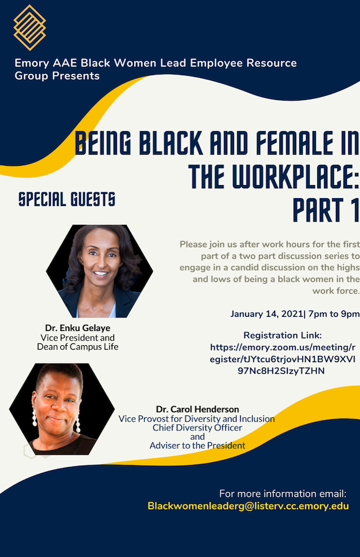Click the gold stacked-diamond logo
tap(29, 27)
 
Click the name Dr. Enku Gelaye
tap(78, 327)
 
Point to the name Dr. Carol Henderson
tap(197, 409)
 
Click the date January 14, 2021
tap(267, 314)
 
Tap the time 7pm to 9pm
tap(334, 314)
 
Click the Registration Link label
tap(282, 335)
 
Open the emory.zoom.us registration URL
tap(282, 359)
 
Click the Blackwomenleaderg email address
tap(248, 506)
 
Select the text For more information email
tap(282, 494)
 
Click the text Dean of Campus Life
tap(78, 346)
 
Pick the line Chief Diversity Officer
tap(197, 428)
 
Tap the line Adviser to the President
tap(197, 445)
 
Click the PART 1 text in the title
tap(326, 210)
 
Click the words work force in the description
tap(336, 291)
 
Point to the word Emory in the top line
tap(32, 63)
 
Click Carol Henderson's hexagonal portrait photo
tap(62, 409)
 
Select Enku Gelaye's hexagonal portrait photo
tap(99, 271)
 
